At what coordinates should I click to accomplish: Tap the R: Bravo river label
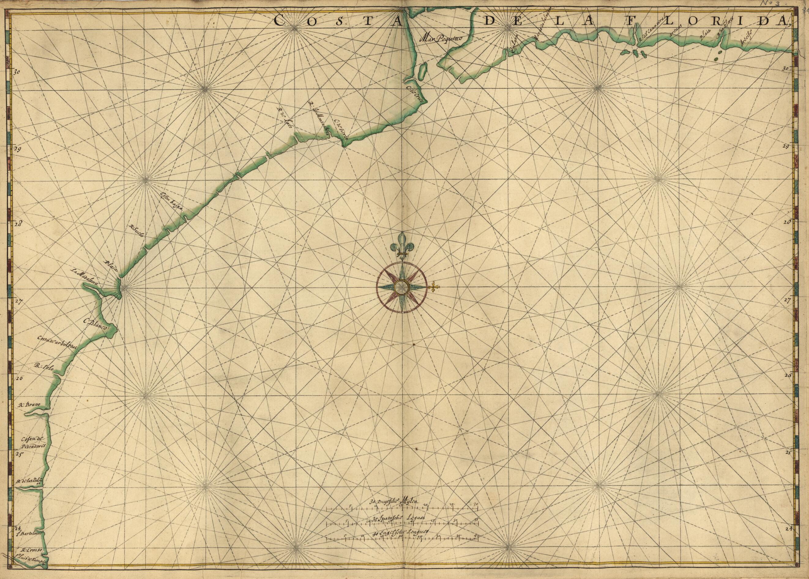pos(30,405)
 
